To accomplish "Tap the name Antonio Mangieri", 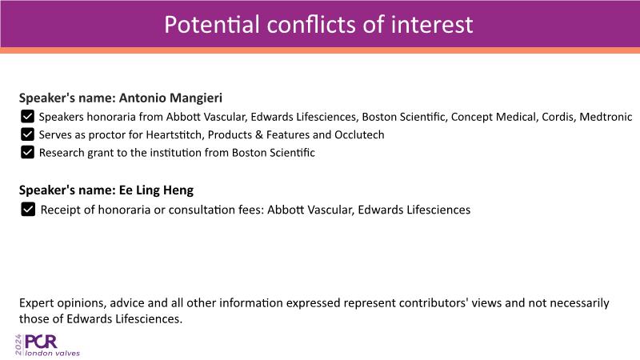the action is click(170, 98).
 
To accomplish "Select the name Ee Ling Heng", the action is click(156, 190).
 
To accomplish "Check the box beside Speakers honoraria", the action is click(27, 116).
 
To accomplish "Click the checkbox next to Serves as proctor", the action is click(27, 134).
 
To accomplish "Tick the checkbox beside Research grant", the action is click(27, 152).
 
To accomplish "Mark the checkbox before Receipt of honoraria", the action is click(28, 210).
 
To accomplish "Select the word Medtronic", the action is click(606, 117).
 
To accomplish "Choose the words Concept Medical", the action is click(494, 117).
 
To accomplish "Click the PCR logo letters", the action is click(41, 342).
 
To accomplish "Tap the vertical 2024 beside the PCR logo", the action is click(18, 345).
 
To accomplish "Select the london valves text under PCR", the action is click(52, 353).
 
